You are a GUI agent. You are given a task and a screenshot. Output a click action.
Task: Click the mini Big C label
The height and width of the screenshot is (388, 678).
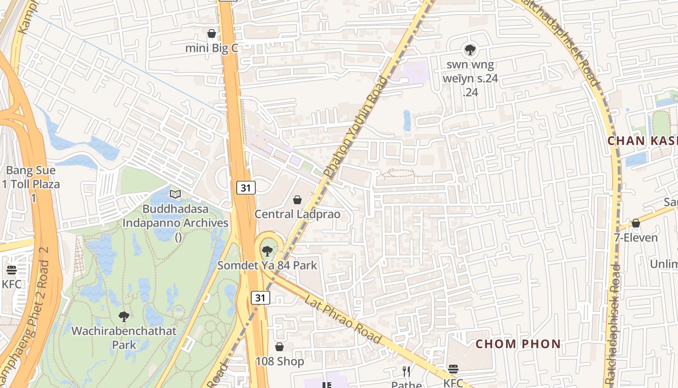point(212,48)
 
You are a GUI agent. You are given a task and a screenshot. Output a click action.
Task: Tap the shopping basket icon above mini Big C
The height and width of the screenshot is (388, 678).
point(212,33)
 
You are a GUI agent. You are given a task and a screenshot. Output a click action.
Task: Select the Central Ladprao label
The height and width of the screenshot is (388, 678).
point(297,214)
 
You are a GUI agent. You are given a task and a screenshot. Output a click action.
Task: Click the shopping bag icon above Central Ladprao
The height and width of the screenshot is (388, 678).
point(297,200)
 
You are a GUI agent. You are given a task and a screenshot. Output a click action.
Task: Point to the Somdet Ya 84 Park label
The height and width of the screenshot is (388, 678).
point(267,265)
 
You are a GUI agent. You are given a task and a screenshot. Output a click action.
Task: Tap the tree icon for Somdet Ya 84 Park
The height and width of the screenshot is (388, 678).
point(267,251)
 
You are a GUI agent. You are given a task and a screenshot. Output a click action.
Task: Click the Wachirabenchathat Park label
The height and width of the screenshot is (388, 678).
point(124,338)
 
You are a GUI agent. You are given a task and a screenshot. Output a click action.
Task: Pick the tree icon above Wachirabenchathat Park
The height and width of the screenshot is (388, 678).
point(124,317)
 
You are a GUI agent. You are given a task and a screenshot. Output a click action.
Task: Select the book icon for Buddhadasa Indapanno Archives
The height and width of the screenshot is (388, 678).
point(175,194)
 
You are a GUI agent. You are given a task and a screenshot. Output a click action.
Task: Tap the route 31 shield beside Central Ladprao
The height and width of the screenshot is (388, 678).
point(246,188)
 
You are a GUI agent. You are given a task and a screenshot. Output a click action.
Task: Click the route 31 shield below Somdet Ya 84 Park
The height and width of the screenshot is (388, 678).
point(261,298)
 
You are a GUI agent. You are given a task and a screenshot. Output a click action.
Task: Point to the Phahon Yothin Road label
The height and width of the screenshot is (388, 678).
point(356,127)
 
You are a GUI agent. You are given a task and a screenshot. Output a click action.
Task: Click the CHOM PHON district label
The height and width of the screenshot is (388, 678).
point(518,344)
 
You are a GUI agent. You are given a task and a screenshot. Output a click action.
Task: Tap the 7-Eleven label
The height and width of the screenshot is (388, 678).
point(636,238)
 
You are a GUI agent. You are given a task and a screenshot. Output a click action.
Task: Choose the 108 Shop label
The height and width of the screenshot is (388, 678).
point(280,361)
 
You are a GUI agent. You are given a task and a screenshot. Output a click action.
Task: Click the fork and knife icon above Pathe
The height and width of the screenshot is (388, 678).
point(406,372)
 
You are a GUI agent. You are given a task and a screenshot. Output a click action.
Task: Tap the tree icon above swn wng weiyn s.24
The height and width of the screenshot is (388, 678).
point(470,49)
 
